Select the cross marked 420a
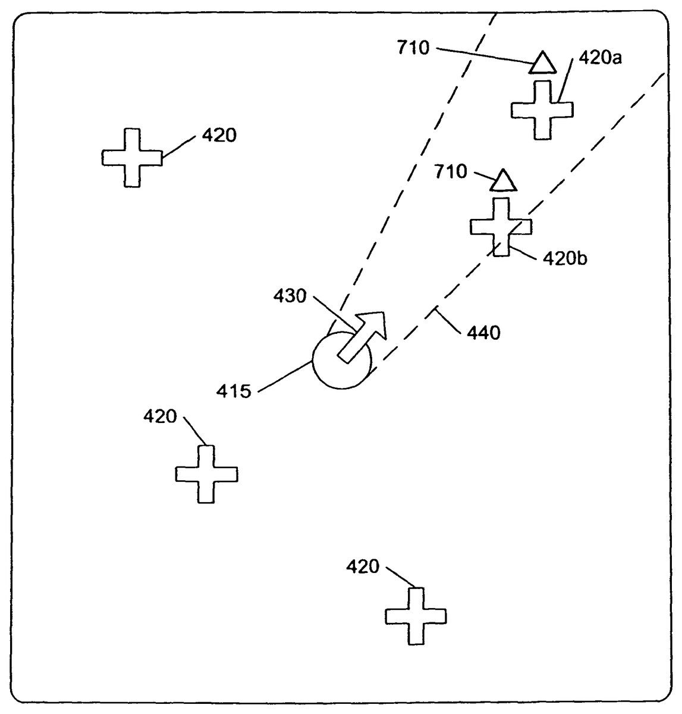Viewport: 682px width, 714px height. coord(542,110)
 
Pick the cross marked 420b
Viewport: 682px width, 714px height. coord(501,227)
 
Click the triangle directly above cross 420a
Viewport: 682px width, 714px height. coord(542,63)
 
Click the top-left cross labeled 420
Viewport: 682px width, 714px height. coord(132,158)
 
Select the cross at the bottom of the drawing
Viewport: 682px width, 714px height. coord(416,616)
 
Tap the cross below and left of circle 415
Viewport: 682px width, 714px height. coord(206,474)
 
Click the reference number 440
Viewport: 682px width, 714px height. coord(483,333)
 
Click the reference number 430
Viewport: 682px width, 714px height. coord(290,295)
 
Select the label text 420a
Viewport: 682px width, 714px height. coord(600,58)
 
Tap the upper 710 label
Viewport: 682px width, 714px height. coord(413,48)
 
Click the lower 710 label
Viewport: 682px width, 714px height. coord(451,172)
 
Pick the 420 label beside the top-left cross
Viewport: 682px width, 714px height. coord(219,136)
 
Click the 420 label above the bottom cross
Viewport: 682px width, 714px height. coord(363,566)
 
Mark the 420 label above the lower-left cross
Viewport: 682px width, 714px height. coord(160,416)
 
